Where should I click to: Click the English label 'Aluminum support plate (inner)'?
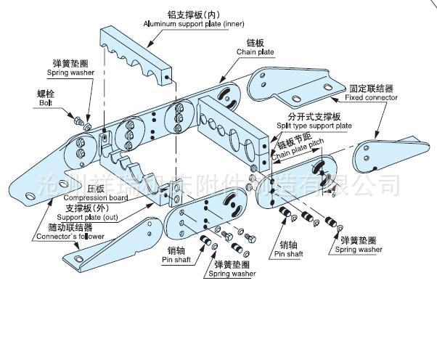point(195,23)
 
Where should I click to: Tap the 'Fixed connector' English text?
point(371,97)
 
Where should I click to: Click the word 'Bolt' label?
point(46,103)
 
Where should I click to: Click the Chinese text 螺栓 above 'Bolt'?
point(46,94)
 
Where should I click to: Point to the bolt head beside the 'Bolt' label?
point(75,118)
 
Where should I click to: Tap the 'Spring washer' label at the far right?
point(359,249)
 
